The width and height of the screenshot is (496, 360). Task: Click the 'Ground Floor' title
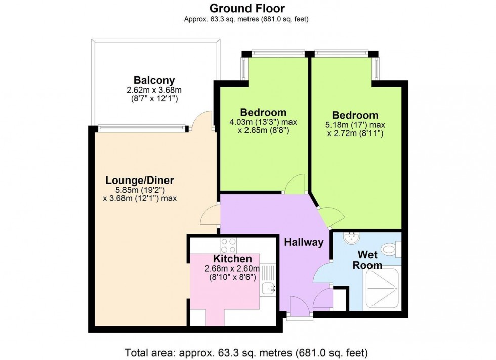point(247,8)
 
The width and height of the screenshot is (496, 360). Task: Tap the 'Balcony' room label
point(154,80)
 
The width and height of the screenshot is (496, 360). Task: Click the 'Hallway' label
point(303,242)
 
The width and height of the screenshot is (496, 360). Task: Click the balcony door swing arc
point(204,120)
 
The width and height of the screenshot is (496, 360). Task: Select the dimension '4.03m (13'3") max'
point(263,122)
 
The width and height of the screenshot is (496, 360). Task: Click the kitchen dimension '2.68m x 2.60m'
point(232,268)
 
